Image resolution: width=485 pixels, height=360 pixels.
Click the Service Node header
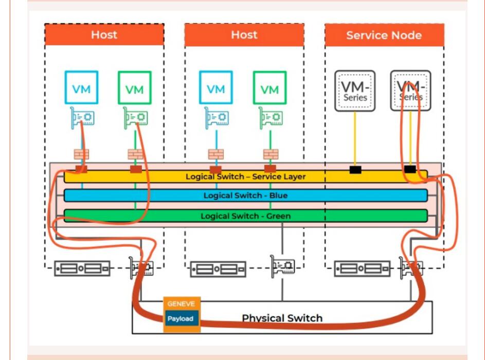click(384, 35)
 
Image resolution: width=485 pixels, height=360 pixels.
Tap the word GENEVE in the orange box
click(181, 304)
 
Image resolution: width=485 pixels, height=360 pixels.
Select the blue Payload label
click(181, 319)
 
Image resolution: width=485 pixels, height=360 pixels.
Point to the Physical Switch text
click(282, 318)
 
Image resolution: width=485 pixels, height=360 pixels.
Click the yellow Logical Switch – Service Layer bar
click(245, 176)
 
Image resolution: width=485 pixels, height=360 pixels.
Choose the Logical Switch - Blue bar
click(245, 195)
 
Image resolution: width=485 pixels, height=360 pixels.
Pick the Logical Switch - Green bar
click(245, 216)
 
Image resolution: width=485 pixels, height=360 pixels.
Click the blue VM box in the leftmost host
click(81, 88)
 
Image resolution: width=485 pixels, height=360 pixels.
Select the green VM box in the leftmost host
click(134, 88)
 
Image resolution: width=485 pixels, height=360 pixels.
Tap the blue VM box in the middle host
click(216, 88)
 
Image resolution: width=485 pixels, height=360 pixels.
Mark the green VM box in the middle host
click(270, 88)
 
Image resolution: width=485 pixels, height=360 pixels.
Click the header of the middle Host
click(244, 35)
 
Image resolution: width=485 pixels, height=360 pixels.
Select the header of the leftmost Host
click(104, 35)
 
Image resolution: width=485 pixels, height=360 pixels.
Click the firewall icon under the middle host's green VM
click(270, 154)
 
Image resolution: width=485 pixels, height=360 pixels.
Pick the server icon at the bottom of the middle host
click(218, 268)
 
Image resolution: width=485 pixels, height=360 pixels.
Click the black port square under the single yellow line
click(355, 170)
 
